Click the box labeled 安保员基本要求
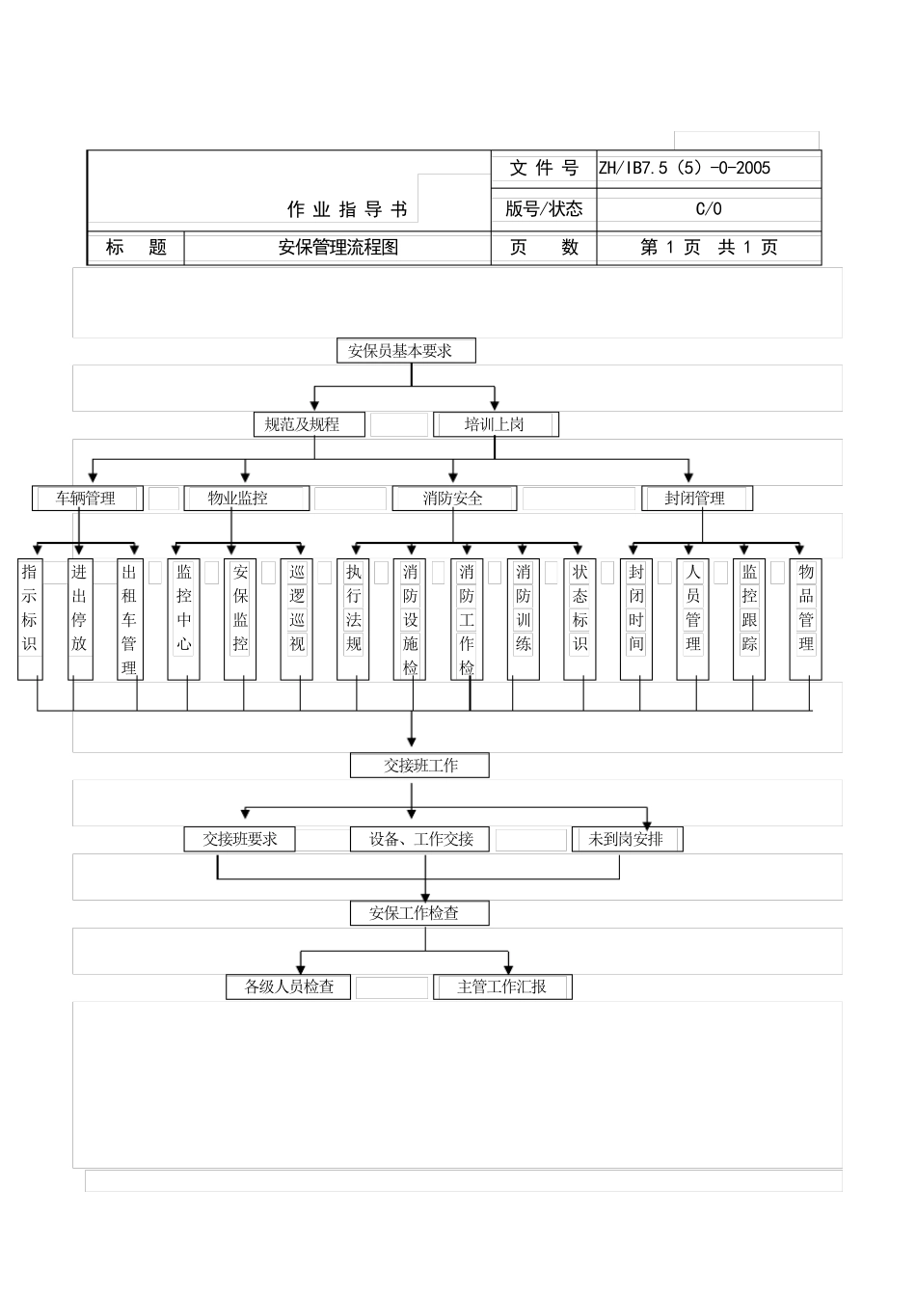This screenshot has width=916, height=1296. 407,351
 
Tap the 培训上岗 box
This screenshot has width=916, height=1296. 496,424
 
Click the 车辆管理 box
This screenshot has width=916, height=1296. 87,499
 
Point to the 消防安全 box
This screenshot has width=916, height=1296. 454,499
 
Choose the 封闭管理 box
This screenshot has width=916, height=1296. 696,499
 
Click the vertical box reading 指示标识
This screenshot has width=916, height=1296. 30,619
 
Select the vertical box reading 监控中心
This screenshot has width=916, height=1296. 184,619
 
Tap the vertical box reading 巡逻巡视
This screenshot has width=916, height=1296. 297,619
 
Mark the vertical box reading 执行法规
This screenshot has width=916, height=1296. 354,619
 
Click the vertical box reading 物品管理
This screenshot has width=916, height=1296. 806,619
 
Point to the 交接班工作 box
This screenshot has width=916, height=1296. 419,766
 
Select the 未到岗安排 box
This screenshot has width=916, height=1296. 627,839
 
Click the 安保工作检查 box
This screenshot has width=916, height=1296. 419,913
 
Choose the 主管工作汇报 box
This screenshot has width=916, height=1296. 502,986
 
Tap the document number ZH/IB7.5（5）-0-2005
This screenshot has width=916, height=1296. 685,168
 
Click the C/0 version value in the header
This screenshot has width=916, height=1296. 709,209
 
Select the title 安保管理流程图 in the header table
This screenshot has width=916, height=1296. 337,248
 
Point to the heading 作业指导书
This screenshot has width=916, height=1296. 347,209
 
